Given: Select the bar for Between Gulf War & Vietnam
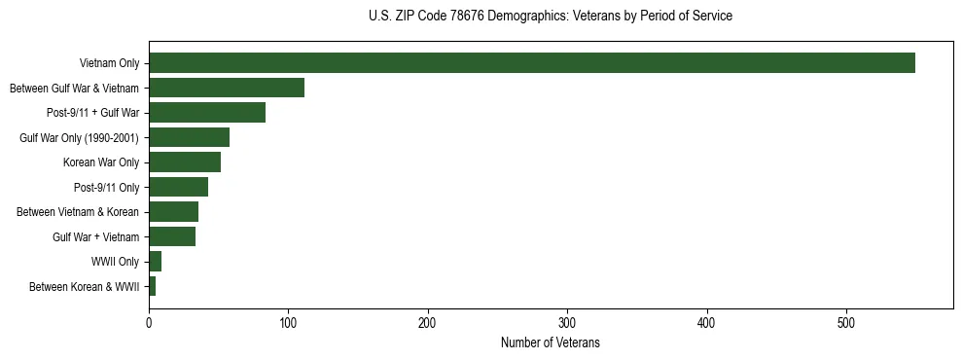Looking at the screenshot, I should click(x=226, y=88).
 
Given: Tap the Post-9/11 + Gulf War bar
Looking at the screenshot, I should click(x=207, y=113).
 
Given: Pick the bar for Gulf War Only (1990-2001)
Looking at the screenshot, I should click(x=189, y=137).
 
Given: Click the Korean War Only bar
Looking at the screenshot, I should click(x=185, y=162).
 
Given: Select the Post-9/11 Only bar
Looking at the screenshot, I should click(x=178, y=187).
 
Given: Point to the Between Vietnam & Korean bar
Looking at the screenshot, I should click(x=173, y=212).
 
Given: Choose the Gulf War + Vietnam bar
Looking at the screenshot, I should click(x=172, y=236).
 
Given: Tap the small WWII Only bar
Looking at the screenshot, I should click(x=155, y=262).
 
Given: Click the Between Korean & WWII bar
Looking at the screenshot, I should click(x=152, y=286).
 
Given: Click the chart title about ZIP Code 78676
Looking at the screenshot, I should click(x=551, y=17).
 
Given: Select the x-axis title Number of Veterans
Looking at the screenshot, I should click(x=551, y=343).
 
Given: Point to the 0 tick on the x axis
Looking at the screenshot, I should click(x=149, y=323).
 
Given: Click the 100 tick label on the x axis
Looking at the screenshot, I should click(x=288, y=323).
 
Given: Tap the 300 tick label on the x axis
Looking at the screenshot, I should click(x=567, y=323).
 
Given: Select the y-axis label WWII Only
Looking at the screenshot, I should click(x=115, y=262).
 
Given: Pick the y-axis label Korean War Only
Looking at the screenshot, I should click(x=101, y=162).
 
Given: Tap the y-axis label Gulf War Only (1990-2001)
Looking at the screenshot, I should click(x=80, y=138).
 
